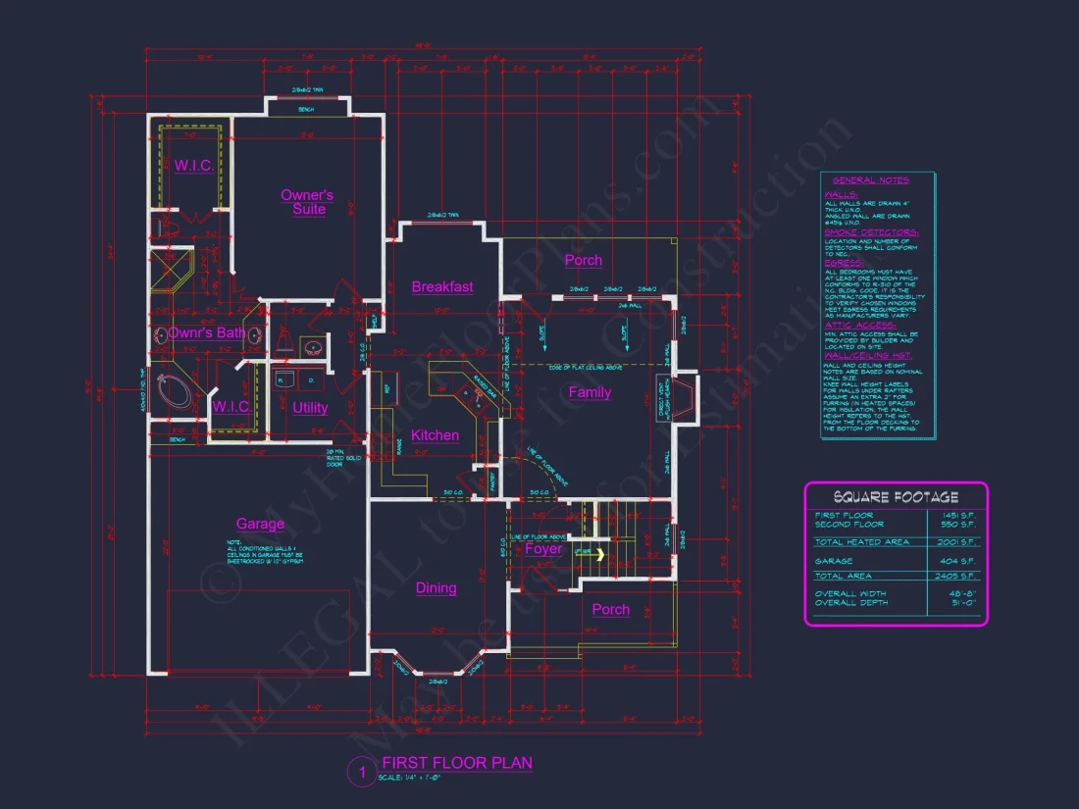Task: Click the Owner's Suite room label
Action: (307, 202)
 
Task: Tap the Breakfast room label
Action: (441, 287)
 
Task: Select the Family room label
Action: (590, 392)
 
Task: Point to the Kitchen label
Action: (435, 435)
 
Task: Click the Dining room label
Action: (436, 588)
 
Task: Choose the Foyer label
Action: (543, 549)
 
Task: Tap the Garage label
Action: (260, 525)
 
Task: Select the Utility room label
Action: (310, 408)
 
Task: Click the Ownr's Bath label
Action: (206, 333)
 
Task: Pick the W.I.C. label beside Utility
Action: (231, 406)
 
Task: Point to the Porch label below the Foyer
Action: (610, 610)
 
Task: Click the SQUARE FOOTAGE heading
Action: (896, 497)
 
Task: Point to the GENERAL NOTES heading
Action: (870, 180)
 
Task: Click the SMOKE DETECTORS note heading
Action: (871, 232)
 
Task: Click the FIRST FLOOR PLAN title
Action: (457, 763)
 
